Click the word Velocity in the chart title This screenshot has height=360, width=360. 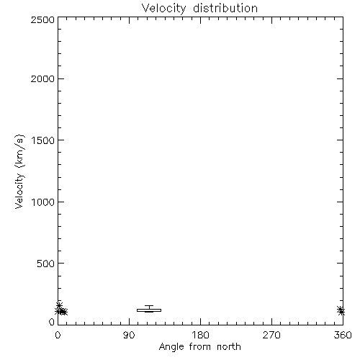click(x=164, y=9)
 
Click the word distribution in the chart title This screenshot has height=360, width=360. click(x=225, y=8)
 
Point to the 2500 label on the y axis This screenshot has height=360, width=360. click(x=42, y=19)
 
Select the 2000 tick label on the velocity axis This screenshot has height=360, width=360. click(x=42, y=78)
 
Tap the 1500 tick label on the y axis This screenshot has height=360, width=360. click(x=43, y=140)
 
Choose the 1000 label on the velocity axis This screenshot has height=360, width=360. click(x=43, y=202)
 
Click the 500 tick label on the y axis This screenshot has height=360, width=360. click(x=46, y=264)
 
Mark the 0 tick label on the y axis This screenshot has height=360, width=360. click(x=52, y=322)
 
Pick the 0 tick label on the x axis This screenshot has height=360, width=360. click(x=58, y=335)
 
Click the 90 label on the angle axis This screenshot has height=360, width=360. click(x=129, y=335)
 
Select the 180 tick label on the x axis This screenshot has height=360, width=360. click(x=200, y=335)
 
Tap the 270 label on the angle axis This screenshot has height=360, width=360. click(x=271, y=335)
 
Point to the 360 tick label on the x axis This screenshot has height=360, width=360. click(x=343, y=335)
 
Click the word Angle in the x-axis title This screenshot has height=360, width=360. click(x=171, y=347)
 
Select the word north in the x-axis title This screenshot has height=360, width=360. click(x=229, y=347)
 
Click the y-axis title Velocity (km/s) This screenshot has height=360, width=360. click(x=19, y=171)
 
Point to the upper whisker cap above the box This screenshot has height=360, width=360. click(x=149, y=306)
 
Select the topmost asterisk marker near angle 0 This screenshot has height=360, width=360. click(x=59, y=305)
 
